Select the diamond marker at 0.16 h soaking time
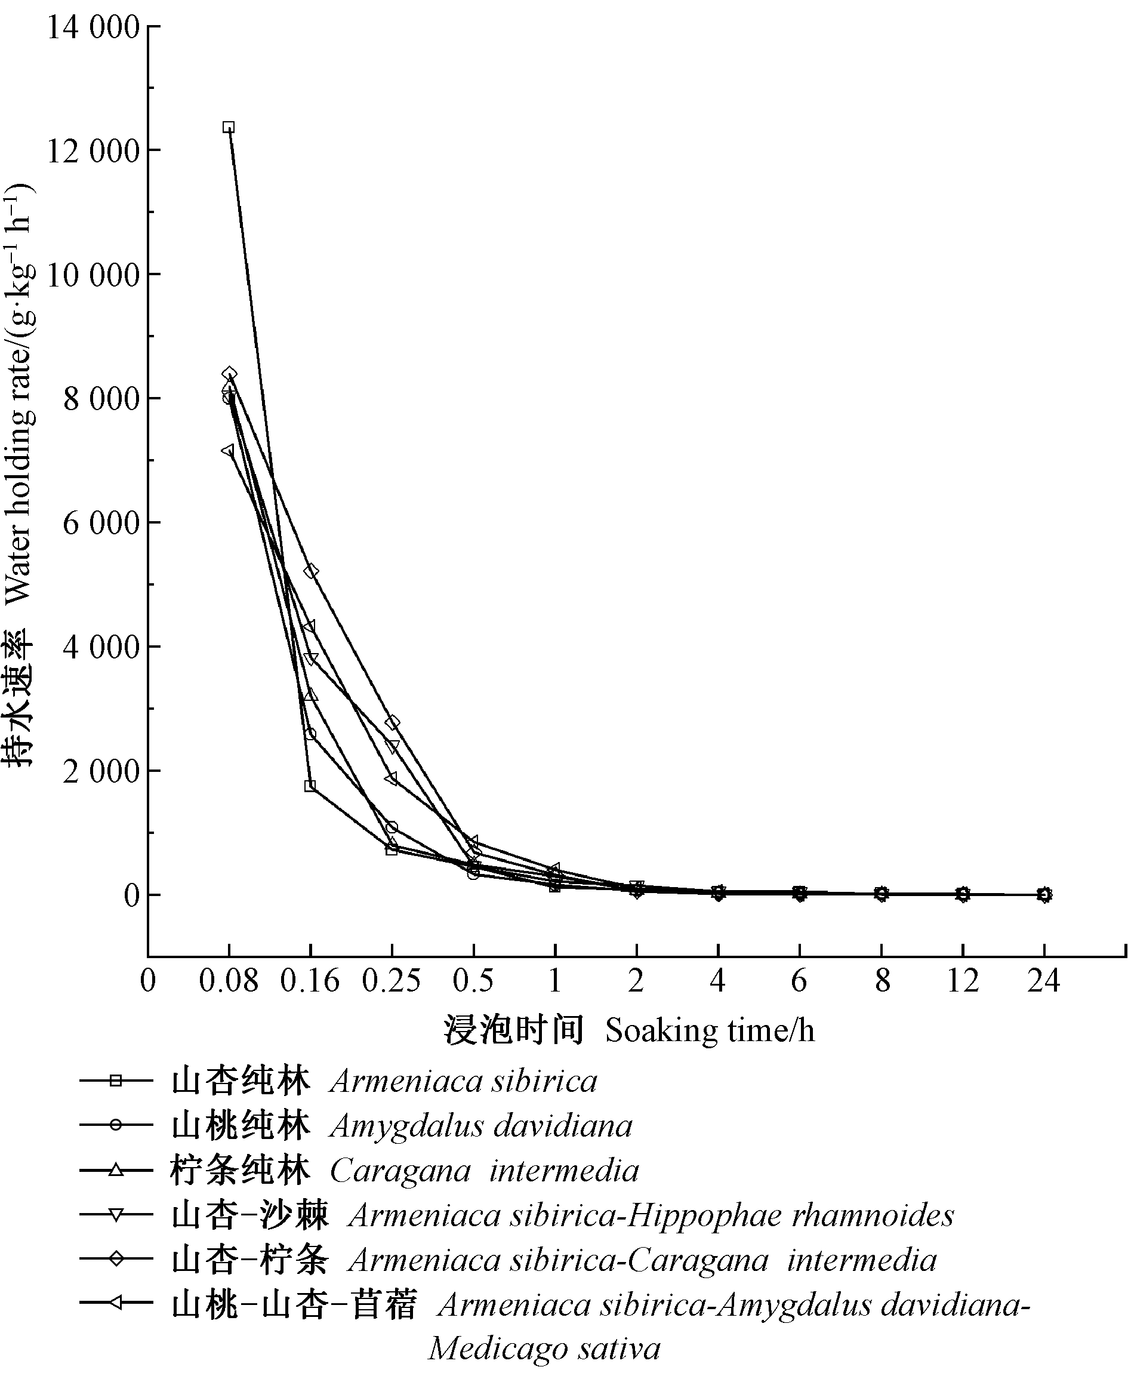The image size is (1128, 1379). click(310, 571)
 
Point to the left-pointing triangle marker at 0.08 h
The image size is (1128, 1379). click(227, 450)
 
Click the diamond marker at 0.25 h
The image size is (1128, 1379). click(392, 723)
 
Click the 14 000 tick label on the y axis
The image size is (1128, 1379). click(93, 28)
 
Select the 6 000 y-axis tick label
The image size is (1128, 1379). click(101, 523)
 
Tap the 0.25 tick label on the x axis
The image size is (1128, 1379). click(391, 981)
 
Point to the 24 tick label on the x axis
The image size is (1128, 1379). click(1043, 981)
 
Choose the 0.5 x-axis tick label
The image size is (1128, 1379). click(473, 981)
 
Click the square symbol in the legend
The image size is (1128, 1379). click(116, 1081)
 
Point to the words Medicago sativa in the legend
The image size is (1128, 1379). click(544, 1349)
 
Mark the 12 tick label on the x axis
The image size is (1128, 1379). click(962, 981)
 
